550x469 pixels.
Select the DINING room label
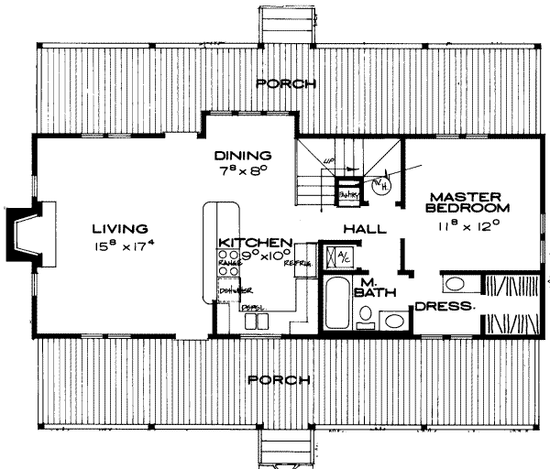(244, 155)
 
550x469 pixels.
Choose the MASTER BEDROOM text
(464, 202)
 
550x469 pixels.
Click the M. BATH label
(370, 287)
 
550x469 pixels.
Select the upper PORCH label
(285, 83)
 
